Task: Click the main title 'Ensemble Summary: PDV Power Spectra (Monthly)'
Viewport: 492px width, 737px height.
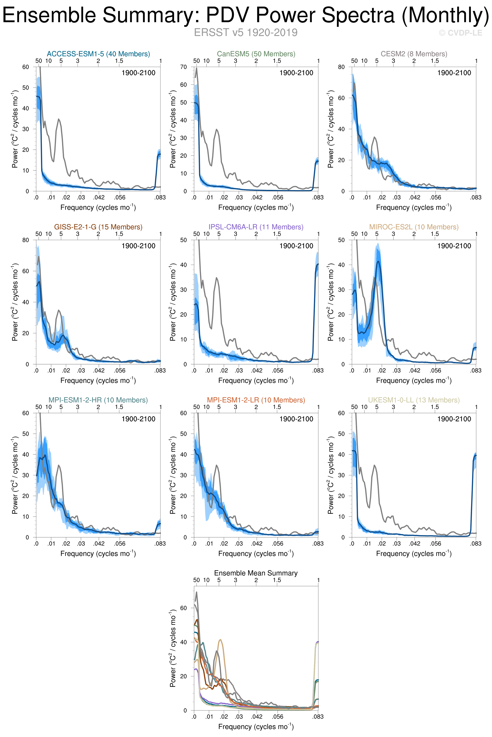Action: tap(246, 15)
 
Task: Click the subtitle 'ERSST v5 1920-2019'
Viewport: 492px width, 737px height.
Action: tap(246, 33)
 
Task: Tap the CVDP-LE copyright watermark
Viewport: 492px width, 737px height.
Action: tap(460, 33)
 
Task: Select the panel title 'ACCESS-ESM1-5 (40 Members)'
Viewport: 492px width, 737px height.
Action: tap(98, 54)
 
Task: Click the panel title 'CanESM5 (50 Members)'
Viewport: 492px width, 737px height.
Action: tap(256, 54)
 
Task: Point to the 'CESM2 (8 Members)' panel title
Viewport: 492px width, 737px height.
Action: tap(414, 54)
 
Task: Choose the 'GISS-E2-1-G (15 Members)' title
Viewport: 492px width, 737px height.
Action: tap(98, 227)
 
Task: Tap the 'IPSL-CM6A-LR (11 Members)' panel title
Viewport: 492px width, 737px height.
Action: tap(256, 227)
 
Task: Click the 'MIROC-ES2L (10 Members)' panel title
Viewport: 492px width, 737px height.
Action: tap(414, 227)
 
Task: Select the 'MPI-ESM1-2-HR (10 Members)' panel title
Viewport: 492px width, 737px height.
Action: tap(98, 400)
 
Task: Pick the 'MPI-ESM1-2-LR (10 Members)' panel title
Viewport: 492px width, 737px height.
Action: tap(256, 400)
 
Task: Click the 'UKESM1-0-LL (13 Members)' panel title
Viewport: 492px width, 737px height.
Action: tap(414, 400)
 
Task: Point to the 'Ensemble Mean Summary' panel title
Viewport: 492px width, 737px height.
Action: tap(256, 573)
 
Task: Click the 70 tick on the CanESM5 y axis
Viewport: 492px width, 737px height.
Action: tap(184, 67)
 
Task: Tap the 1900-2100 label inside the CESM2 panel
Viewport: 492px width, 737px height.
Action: tap(454, 73)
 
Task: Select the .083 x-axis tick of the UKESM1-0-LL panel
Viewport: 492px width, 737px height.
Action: tap(476, 543)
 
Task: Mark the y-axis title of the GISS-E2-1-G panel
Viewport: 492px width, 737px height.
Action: tap(15, 302)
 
